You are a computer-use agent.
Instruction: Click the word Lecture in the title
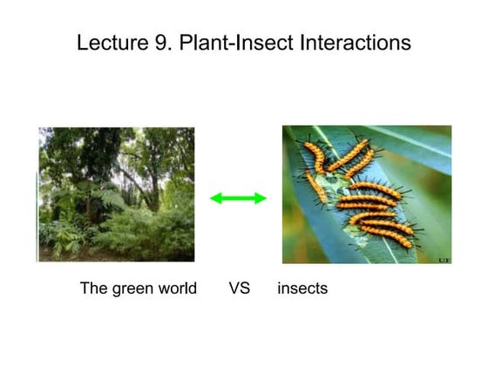click(108, 43)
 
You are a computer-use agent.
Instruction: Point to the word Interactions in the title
click(355, 43)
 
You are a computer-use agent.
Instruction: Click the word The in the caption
click(94, 288)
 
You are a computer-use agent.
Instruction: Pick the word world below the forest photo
click(178, 288)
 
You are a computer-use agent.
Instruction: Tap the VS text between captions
click(240, 288)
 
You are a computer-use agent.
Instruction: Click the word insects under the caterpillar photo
click(302, 288)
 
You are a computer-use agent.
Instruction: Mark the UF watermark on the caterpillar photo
click(442, 258)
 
